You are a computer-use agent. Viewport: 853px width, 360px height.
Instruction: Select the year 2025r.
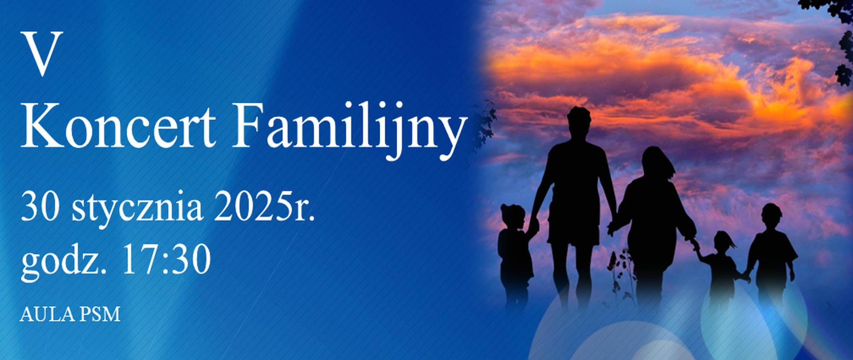click(x=264, y=207)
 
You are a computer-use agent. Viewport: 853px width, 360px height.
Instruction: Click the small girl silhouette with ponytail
click(x=723, y=262)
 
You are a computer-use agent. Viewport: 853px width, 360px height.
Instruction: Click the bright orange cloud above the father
click(x=591, y=67)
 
